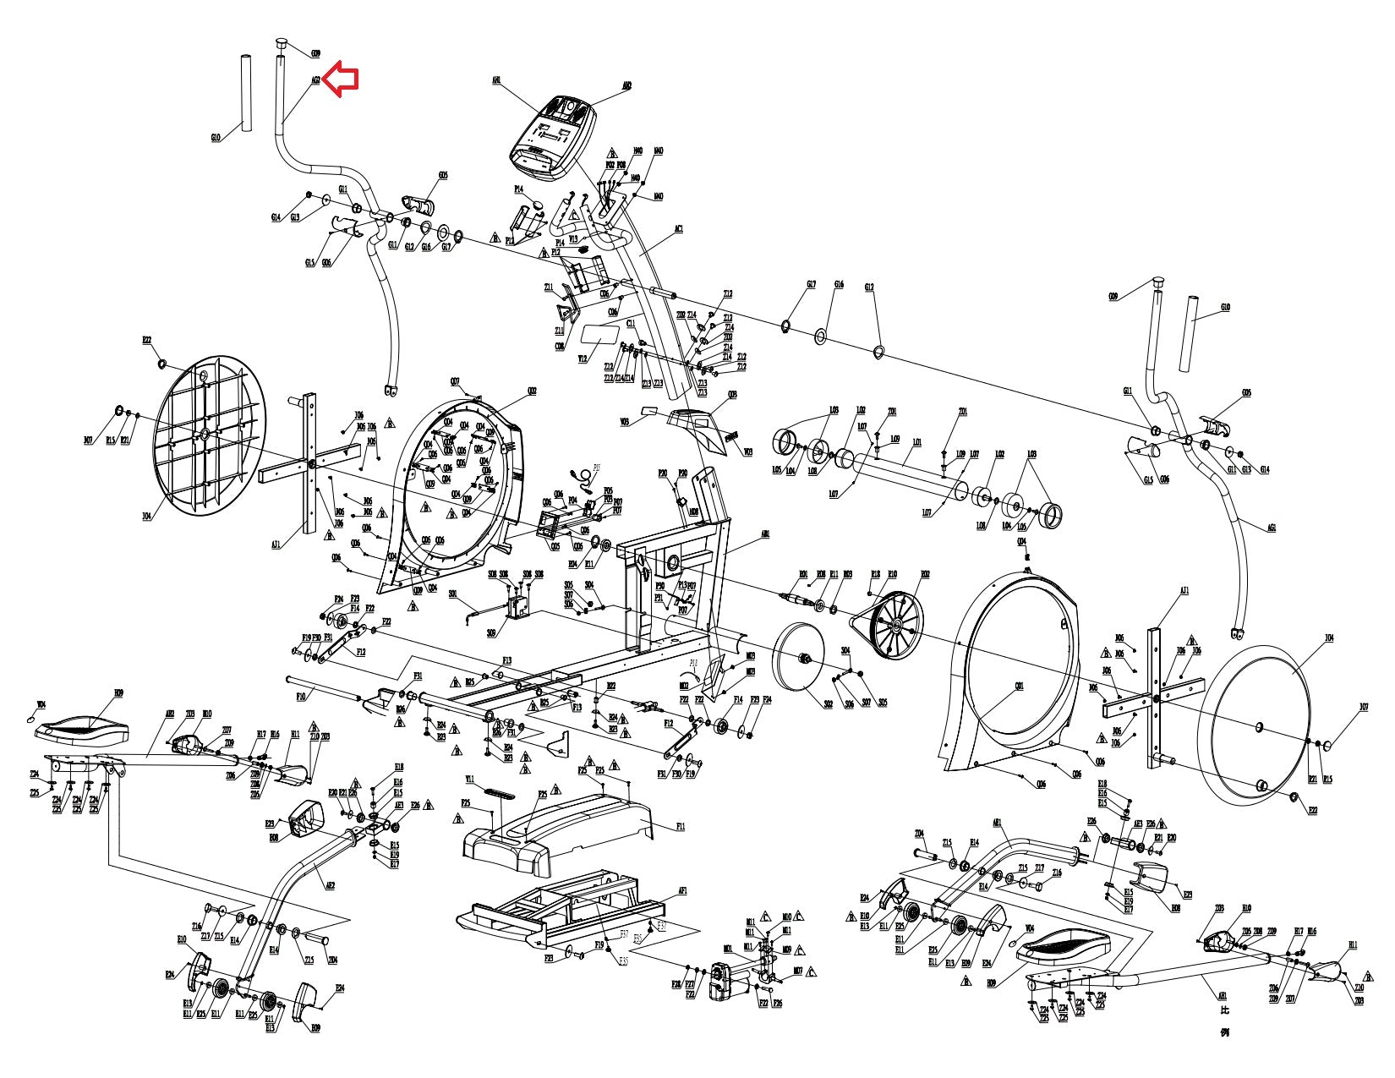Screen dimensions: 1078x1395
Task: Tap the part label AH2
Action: [x=626, y=85]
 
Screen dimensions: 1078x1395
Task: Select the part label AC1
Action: [x=678, y=228]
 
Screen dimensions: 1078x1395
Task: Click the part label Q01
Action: [x=1020, y=687]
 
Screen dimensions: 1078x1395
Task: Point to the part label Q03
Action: [x=732, y=394]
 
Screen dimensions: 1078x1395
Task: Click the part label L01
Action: [x=917, y=441]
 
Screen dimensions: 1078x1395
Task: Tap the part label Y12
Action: [x=582, y=358]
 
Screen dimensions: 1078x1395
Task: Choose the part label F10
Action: [x=301, y=698]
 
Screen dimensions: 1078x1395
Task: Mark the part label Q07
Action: [x=455, y=381]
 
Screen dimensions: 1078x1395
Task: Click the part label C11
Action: [x=631, y=323]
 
